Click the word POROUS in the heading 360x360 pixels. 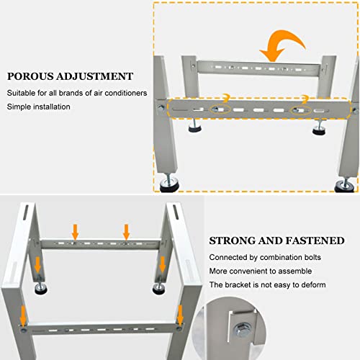pyautogui.click(x=30, y=76)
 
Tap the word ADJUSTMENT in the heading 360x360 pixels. pyautogui.click(x=95, y=76)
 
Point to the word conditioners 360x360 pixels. pyautogui.click(x=126, y=93)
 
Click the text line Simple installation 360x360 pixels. pyautogui.click(x=38, y=107)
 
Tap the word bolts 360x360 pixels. pyautogui.click(x=312, y=257)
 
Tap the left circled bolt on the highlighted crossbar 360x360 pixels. pyautogui.click(x=215, y=109)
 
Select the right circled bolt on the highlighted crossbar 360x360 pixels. pyautogui.click(x=297, y=110)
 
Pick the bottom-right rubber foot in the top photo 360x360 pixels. pyautogui.click(x=345, y=186)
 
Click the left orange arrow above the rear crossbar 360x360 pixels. pyautogui.click(x=76, y=232)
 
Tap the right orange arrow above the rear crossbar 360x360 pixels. pyautogui.click(x=127, y=232)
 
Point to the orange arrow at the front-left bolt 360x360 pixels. pyautogui.click(x=23, y=315)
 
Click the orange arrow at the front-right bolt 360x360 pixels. pyautogui.click(x=180, y=315)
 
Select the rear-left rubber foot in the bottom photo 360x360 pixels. pyautogui.click(x=41, y=289)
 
